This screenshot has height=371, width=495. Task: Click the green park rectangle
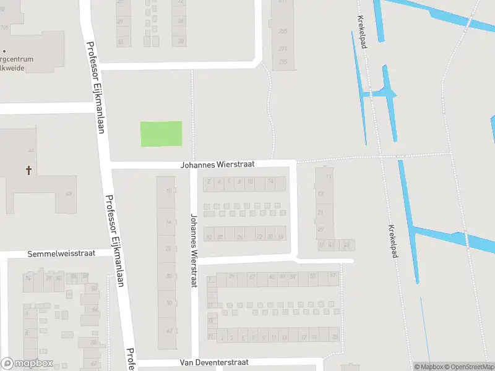tap(161, 134)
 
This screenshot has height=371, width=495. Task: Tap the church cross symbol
tap(28, 169)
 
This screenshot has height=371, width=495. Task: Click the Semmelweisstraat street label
tap(61, 254)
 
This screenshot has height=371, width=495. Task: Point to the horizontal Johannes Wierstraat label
tap(217, 165)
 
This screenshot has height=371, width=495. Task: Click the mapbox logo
tap(27, 364)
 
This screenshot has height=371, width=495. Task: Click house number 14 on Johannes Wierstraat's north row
tap(270, 182)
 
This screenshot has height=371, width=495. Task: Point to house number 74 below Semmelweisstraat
tap(27, 278)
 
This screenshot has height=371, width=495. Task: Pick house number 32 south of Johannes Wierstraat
tap(209, 237)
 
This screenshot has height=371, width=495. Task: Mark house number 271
tap(283, 48)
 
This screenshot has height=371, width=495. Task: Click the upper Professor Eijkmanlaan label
tap(97, 87)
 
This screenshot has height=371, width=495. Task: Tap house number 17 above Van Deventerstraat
tap(303, 337)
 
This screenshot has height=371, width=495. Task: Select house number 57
tap(333, 275)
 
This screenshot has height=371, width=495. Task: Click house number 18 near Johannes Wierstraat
tap(281, 237)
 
